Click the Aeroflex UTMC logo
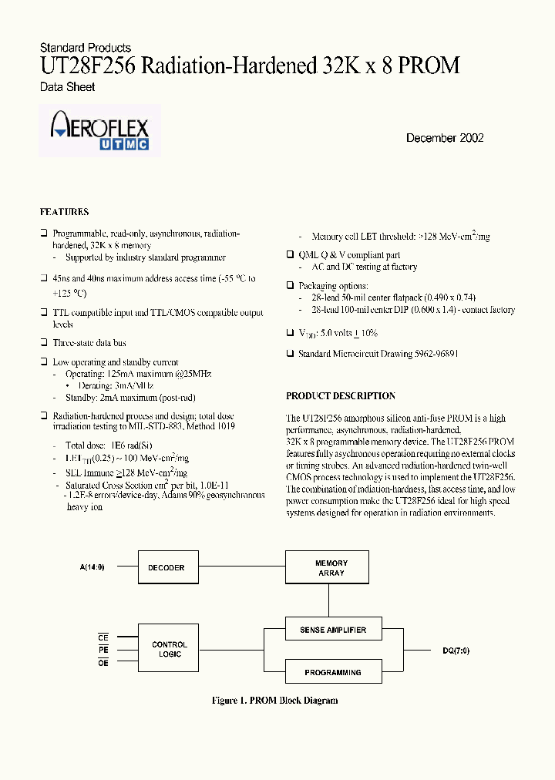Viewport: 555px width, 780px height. (x=99, y=132)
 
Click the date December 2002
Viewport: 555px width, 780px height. (x=445, y=138)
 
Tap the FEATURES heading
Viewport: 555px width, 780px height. (x=64, y=212)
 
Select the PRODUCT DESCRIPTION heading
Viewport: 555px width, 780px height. (x=341, y=396)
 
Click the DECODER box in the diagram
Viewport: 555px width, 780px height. (x=166, y=568)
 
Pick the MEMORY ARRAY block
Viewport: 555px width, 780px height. (x=331, y=568)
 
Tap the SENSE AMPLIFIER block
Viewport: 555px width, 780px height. (x=332, y=630)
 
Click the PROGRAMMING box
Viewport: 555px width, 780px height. (x=332, y=672)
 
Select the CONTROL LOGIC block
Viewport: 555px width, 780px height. (x=170, y=650)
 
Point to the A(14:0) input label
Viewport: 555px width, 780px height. (x=92, y=567)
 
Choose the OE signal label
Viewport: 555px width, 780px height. (x=103, y=663)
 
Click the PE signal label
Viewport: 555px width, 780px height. (x=103, y=650)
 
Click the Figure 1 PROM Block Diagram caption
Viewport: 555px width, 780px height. (x=274, y=701)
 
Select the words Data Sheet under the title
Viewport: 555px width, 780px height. (x=68, y=87)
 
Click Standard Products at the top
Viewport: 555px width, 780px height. (x=85, y=48)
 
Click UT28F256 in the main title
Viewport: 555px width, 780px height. (x=89, y=66)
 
